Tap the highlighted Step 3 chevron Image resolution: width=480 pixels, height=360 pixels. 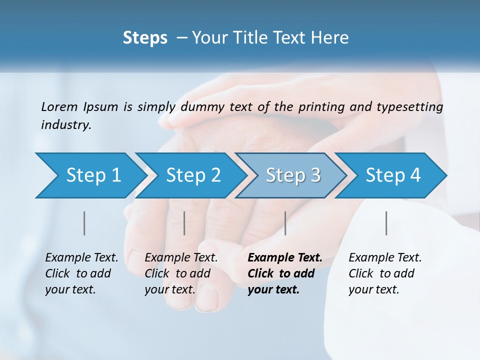click(293, 175)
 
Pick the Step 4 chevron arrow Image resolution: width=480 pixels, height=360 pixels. click(393, 175)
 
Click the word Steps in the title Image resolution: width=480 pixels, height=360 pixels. click(145, 38)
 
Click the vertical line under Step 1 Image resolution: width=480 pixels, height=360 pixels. click(84, 223)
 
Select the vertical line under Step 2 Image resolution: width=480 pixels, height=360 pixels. click(184, 223)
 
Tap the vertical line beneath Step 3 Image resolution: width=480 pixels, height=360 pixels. click(285, 223)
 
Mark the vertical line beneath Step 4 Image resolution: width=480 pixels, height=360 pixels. click(386, 223)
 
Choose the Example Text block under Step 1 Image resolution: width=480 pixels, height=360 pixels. click(81, 273)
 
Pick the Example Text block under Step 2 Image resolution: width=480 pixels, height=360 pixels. click(181, 273)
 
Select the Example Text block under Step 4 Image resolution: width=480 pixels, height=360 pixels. click(385, 273)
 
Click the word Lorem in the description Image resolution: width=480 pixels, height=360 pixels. click(59, 106)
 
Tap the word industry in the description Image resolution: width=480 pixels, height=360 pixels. click(65, 124)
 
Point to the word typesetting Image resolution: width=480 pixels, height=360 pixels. click(413, 107)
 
